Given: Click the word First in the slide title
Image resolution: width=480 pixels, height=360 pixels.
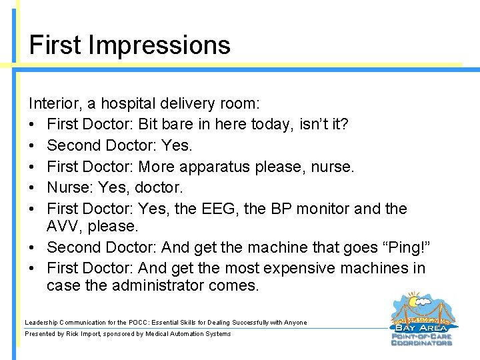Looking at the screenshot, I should coord(55,45).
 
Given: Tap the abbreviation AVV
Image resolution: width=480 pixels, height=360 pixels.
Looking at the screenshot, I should coord(62,226).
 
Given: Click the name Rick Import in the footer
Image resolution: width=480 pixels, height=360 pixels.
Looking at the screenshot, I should coord(82,334).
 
